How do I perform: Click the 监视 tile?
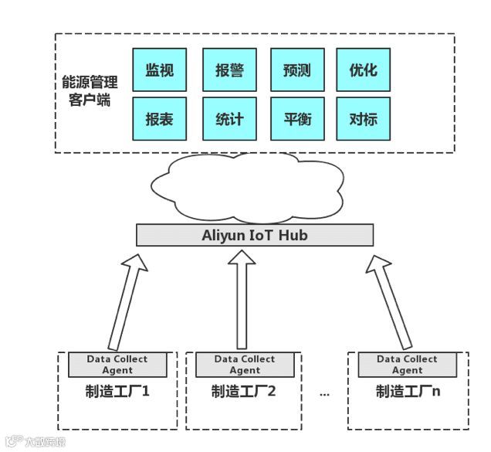pyautogui.click(x=160, y=70)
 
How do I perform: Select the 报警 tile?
pyautogui.click(x=229, y=70)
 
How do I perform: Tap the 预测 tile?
pyautogui.click(x=297, y=70)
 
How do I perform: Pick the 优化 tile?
pyautogui.click(x=364, y=70)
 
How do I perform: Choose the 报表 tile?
pyautogui.click(x=160, y=118)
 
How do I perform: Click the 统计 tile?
pyautogui.click(x=229, y=118)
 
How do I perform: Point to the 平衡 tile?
pyautogui.click(x=297, y=118)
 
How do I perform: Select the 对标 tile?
pyautogui.click(x=364, y=118)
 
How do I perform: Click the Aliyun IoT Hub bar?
pyautogui.click(x=255, y=235)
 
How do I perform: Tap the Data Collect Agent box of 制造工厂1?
pyautogui.click(x=117, y=365)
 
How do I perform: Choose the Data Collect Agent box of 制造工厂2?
pyautogui.click(x=244, y=365)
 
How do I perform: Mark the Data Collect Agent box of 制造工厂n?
pyautogui.click(x=406, y=365)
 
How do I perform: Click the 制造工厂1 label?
pyautogui.click(x=117, y=391)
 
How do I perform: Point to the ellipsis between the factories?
pyautogui.click(x=324, y=393)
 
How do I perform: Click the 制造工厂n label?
pyautogui.click(x=408, y=391)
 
